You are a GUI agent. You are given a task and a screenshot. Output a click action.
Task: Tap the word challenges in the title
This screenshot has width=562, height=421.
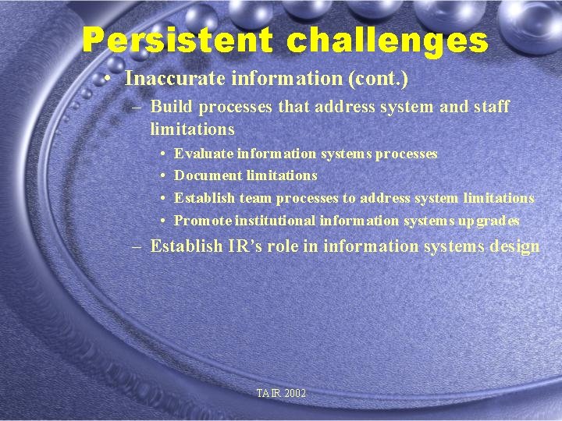click(x=388, y=41)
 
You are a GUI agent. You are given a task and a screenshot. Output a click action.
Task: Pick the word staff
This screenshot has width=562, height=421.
click(x=491, y=107)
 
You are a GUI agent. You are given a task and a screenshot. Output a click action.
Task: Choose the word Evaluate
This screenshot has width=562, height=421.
click(x=203, y=154)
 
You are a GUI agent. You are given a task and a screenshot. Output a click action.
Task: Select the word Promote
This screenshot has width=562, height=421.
click(x=202, y=221)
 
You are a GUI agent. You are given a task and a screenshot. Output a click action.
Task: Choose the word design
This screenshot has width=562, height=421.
click(x=514, y=246)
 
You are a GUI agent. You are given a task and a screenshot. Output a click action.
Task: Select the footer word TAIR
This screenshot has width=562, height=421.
click(x=268, y=394)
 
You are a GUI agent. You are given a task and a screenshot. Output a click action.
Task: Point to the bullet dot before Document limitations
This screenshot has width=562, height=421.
click(x=162, y=176)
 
